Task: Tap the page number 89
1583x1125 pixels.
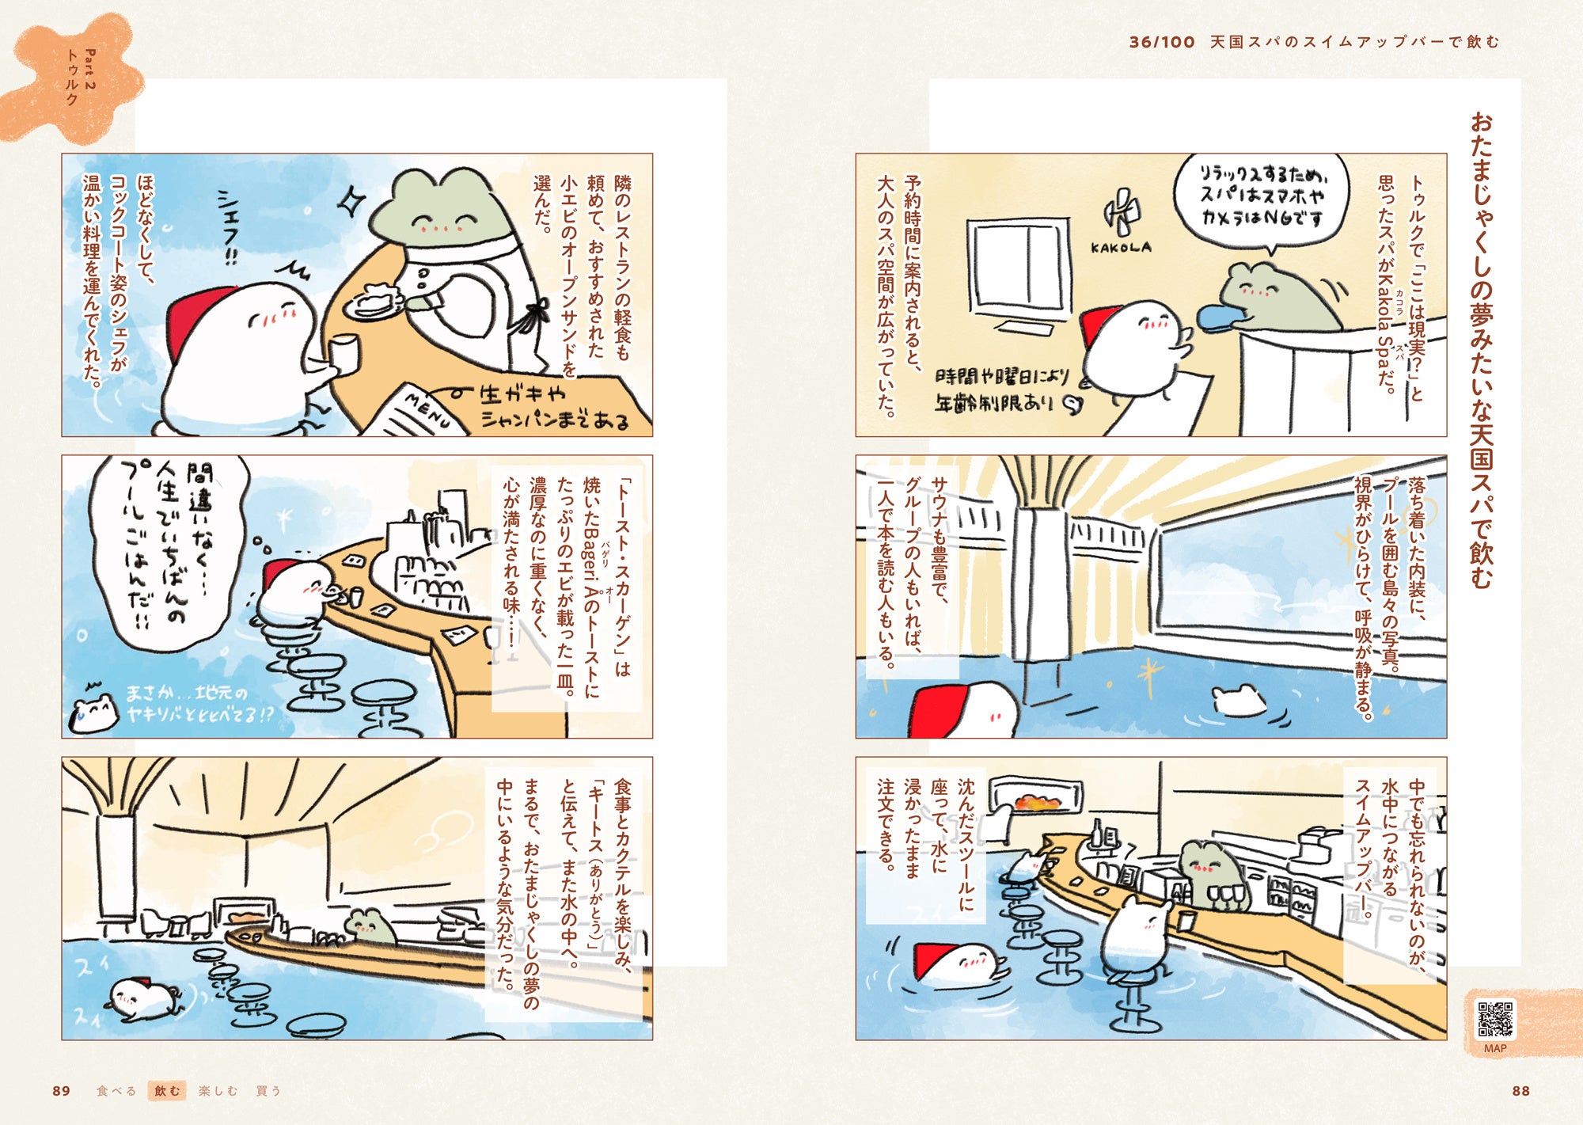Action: click(x=61, y=1091)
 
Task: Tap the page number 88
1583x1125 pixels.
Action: click(x=1521, y=1091)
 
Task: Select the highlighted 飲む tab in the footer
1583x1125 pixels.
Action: click(x=167, y=1091)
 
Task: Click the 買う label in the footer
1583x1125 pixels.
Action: click(x=268, y=1091)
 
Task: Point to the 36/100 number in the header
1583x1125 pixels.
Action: click(x=1162, y=42)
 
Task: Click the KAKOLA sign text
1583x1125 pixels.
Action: click(x=1121, y=248)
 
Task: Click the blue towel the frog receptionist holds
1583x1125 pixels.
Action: click(x=1223, y=317)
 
